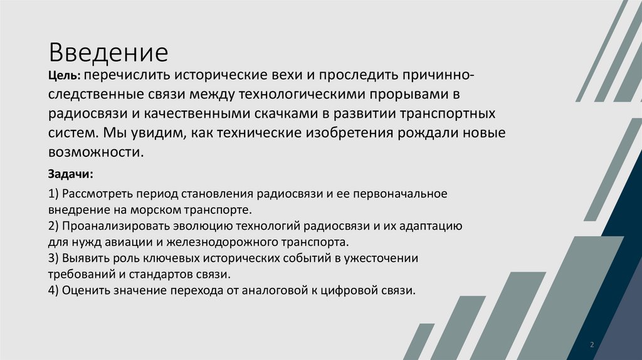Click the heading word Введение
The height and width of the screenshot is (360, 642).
(x=108, y=53)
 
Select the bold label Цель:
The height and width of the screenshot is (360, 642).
(x=63, y=75)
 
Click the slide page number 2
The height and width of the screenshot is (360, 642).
(x=592, y=346)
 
